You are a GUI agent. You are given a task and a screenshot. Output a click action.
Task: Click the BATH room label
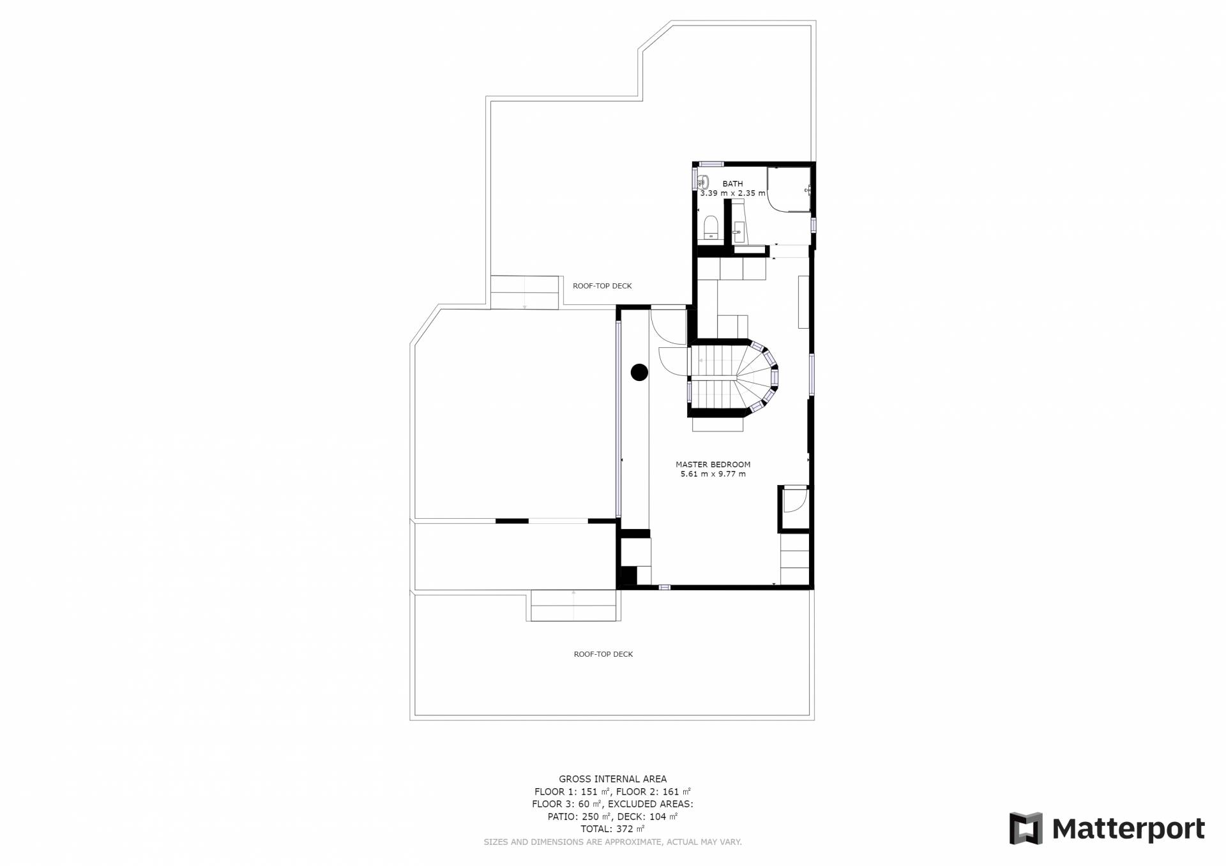tap(732, 184)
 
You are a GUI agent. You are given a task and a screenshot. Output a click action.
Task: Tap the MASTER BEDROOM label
tap(713, 465)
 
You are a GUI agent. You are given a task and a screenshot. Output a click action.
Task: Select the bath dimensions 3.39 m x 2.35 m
tap(732, 193)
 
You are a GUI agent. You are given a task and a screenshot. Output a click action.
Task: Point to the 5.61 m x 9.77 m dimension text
tap(713, 474)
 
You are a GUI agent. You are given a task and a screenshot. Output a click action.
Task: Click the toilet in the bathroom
tap(711, 227)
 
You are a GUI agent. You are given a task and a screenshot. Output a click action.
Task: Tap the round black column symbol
tap(639, 372)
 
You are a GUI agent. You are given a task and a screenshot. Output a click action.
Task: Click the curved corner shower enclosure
tap(789, 189)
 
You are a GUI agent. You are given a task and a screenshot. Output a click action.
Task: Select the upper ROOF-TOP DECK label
tap(602, 286)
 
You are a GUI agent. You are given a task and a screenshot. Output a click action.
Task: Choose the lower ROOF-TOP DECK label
tap(603, 654)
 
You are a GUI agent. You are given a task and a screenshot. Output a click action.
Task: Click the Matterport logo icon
tap(1025, 828)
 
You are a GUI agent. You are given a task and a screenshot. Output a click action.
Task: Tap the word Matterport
tap(1128, 829)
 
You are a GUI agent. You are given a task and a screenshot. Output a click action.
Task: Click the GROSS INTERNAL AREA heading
tap(613, 779)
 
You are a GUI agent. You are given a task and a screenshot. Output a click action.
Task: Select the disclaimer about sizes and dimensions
tap(613, 842)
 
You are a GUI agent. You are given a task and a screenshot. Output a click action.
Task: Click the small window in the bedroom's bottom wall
tap(665, 586)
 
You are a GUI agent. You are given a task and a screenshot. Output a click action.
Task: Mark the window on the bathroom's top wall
tap(711, 163)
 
